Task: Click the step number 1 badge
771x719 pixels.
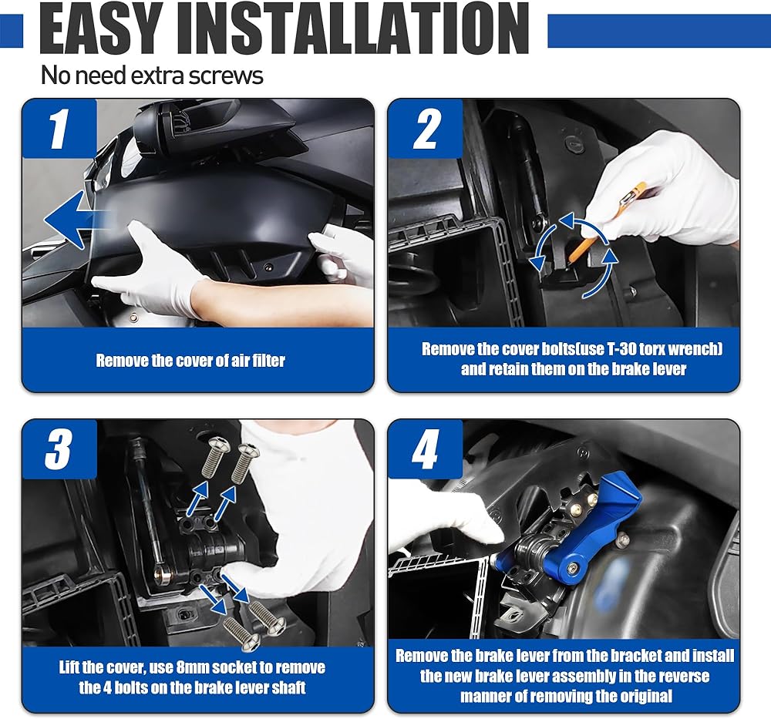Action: [59, 129]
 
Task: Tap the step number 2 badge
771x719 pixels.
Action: [426, 129]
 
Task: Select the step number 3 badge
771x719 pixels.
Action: [59, 449]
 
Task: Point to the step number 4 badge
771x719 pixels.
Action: [426, 449]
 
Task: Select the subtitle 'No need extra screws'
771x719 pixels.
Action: [152, 76]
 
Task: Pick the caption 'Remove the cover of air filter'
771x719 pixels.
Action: [190, 361]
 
